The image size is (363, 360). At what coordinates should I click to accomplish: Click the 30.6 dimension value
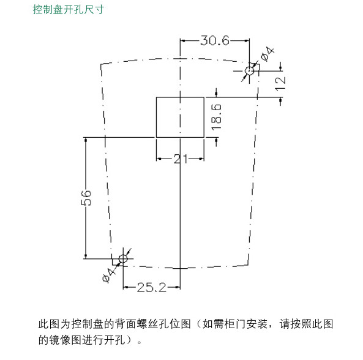point(215,40)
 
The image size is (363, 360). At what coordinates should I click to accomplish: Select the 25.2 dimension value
point(152,287)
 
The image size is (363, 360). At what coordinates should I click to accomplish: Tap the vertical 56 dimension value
point(86,198)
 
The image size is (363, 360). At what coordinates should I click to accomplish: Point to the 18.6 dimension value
point(217,117)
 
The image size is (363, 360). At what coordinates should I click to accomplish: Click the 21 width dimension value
point(181,159)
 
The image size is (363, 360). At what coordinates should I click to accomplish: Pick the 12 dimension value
point(280,84)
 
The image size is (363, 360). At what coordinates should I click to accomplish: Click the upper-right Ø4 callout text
point(268,54)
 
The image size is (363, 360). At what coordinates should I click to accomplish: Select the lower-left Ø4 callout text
point(109,275)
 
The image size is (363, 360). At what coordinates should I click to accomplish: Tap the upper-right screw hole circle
point(249,70)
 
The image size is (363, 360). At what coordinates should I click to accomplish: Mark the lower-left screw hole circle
point(123,258)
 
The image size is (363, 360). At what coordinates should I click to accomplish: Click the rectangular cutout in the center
point(180,117)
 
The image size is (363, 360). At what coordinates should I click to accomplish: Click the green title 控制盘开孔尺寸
point(69,10)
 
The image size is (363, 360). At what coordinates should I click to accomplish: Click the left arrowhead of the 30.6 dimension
point(183,41)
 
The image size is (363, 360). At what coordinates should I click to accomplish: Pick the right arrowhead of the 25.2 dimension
point(178,288)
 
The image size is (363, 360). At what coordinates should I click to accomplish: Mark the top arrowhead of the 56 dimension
point(86,140)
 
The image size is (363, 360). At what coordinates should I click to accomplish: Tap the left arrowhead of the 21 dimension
point(159,159)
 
